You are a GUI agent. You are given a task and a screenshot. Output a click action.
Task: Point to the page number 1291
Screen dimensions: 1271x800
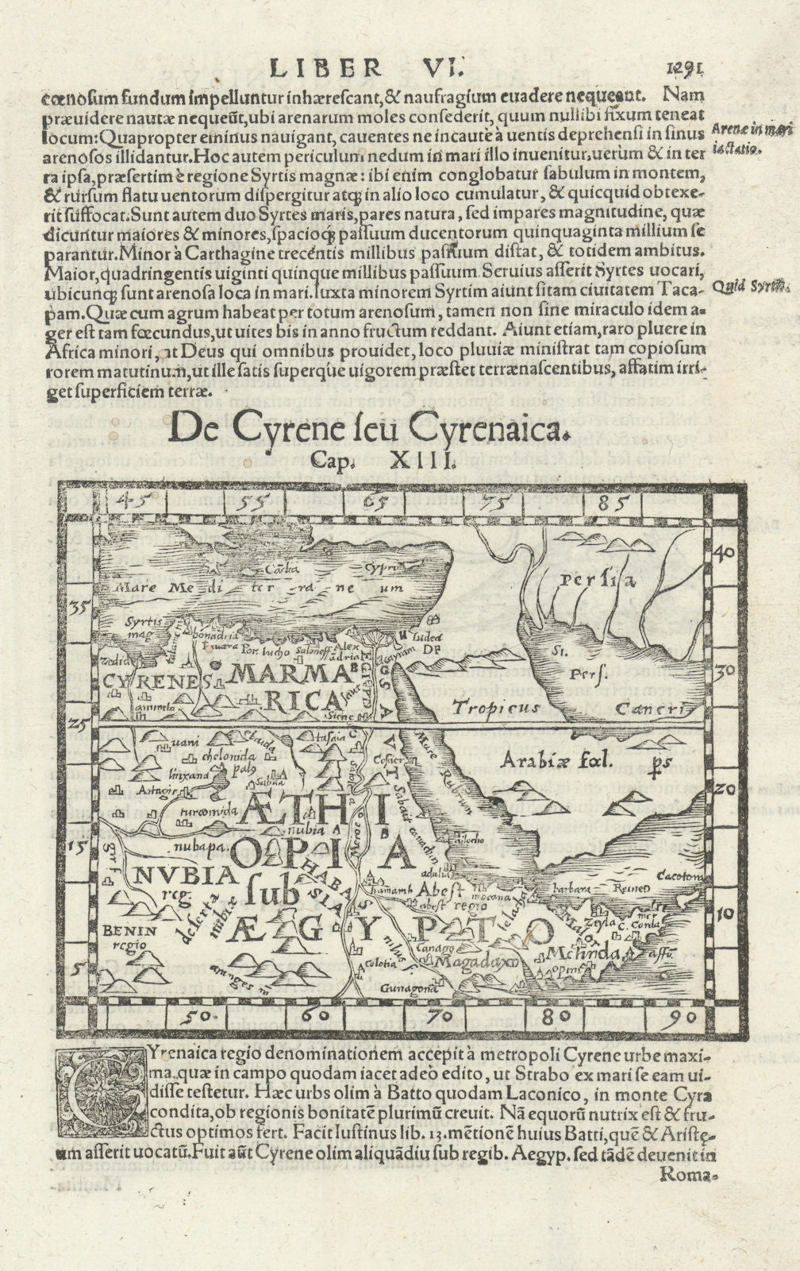click(x=686, y=69)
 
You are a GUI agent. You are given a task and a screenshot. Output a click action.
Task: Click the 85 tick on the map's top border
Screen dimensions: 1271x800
click(x=614, y=501)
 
